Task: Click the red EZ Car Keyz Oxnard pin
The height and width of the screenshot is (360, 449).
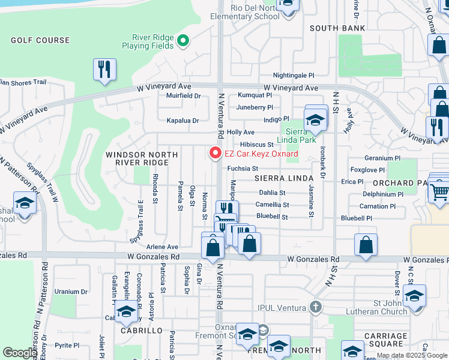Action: point(214,154)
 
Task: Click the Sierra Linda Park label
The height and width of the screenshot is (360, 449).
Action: point(300,136)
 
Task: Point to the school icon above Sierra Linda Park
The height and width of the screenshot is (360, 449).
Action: point(315,119)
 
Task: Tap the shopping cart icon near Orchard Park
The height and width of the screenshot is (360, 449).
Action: point(439,191)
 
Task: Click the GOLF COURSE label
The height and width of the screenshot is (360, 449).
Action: point(40,40)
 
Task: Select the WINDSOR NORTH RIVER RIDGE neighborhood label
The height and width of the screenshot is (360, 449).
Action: point(142,158)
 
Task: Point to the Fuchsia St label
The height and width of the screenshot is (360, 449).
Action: point(242,169)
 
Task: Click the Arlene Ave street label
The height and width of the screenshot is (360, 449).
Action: point(163,247)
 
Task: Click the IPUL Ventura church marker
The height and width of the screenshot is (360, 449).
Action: point(316,307)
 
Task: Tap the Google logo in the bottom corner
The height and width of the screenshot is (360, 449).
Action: point(20,353)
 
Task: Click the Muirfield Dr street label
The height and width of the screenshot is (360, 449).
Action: point(183,95)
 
